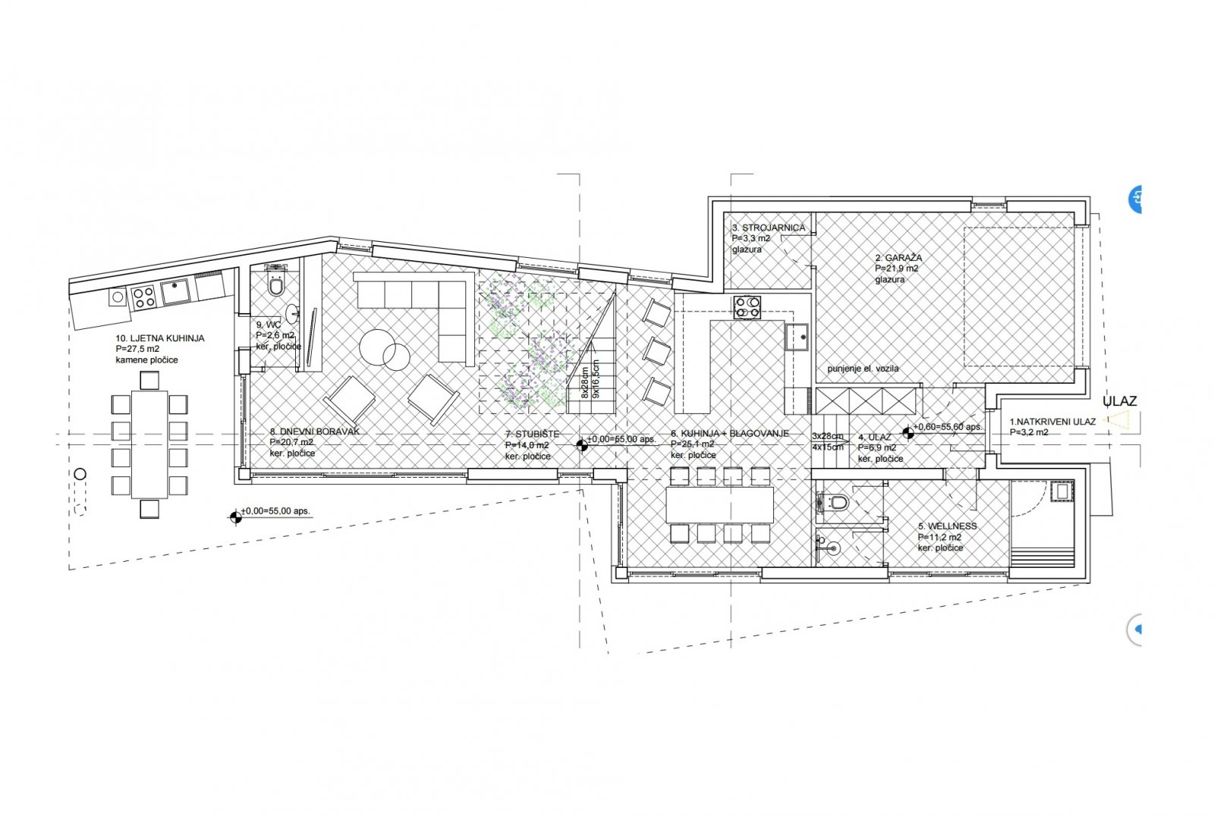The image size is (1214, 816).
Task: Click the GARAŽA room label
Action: point(898,258)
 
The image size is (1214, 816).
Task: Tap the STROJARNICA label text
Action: point(768,228)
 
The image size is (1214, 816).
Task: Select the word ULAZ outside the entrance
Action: point(1120,401)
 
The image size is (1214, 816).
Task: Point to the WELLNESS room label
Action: point(947,526)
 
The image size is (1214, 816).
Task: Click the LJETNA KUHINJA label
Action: point(159,338)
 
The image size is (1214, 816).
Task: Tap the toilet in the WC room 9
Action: point(276,286)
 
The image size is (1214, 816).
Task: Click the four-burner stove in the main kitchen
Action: point(747,307)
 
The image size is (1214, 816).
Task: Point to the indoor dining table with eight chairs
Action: point(719,504)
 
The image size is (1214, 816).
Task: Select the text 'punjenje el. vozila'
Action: point(863,369)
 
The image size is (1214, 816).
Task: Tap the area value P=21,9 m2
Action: point(897,268)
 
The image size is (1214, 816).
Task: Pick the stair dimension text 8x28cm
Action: point(585,384)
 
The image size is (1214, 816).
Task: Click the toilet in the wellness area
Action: point(837,502)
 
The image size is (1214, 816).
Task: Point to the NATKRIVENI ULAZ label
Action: point(1052,421)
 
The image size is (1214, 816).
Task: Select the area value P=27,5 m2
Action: point(137,349)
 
